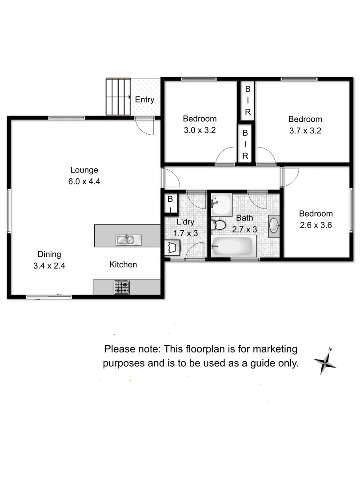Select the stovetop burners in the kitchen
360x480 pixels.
point(122,287)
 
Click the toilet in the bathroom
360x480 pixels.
point(219,225)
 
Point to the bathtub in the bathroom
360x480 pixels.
point(233,247)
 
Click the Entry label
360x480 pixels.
point(144,100)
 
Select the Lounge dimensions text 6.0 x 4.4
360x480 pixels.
point(84,181)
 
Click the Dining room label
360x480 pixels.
point(49,254)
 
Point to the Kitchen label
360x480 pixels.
point(123,264)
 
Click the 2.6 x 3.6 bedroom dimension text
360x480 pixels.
point(316,225)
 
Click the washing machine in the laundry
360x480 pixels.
point(172,247)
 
